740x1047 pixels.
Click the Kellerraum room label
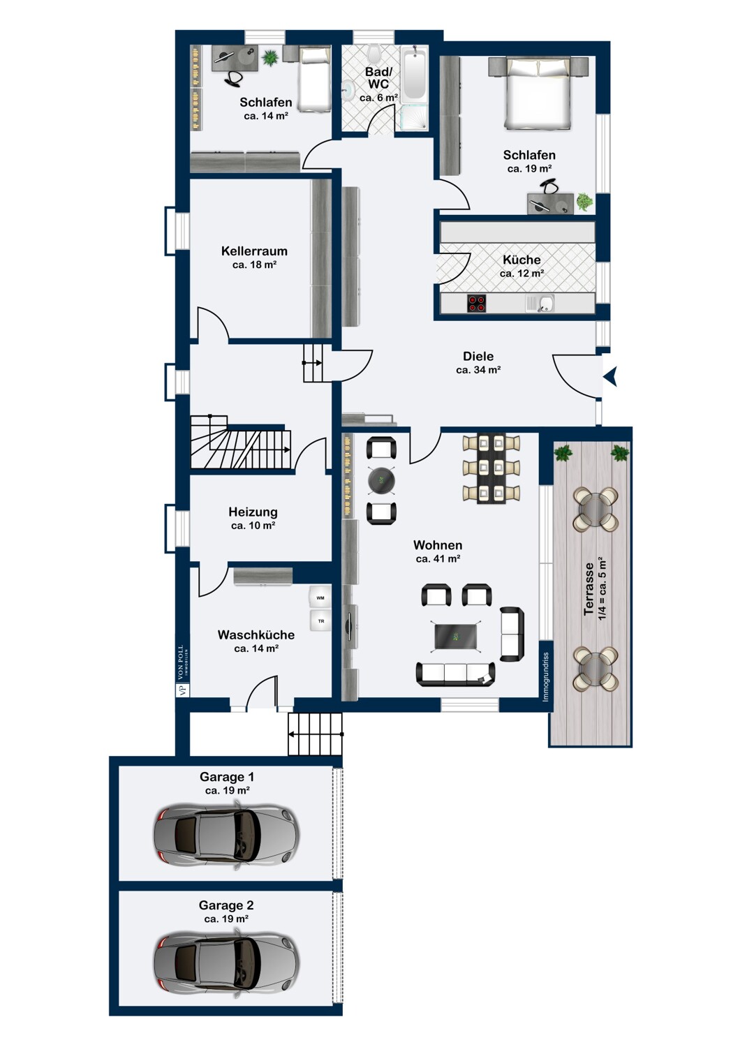(254, 251)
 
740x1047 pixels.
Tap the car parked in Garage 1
(226, 835)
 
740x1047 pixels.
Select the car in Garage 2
(226, 963)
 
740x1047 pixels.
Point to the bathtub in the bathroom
(414, 75)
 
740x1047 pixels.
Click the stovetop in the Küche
(476, 303)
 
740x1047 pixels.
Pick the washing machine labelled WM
(320, 597)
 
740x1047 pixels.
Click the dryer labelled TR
(320, 621)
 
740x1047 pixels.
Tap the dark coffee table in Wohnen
(456, 636)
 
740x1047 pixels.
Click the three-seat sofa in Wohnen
(455, 674)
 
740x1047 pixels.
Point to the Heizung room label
(253, 512)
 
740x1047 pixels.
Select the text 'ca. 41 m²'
(438, 558)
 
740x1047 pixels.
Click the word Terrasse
(589, 589)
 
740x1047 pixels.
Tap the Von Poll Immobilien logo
(182, 671)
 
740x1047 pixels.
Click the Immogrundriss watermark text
(545, 677)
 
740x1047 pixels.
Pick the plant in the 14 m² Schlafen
(269, 58)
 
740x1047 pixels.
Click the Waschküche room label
(256, 634)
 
